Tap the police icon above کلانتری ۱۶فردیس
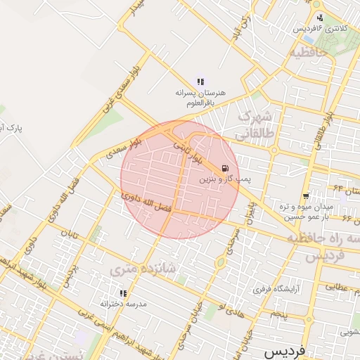coord(321,18)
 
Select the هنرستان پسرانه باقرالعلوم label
coord(198,98)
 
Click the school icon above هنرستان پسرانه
coord(200,82)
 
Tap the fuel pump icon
coord(224,168)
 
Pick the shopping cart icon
coord(306,196)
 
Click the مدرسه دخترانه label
coord(122,304)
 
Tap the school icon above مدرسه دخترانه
coord(123,292)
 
